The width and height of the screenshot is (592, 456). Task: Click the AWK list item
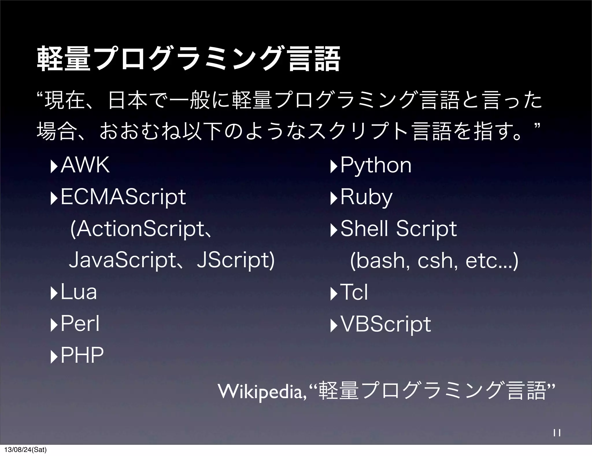(85, 165)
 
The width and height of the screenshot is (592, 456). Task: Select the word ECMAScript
(123, 197)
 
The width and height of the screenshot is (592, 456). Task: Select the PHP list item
(82, 355)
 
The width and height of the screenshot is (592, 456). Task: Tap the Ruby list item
(366, 197)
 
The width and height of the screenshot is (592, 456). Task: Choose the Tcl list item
(354, 292)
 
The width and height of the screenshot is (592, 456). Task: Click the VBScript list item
(386, 324)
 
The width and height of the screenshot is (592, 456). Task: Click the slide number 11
(557, 433)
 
